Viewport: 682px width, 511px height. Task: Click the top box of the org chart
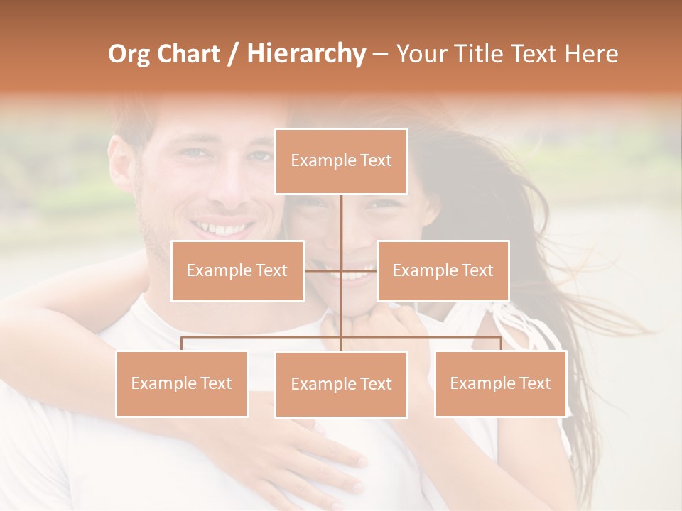(341, 161)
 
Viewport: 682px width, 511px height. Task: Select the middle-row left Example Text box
(237, 270)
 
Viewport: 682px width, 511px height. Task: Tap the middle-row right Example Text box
(443, 270)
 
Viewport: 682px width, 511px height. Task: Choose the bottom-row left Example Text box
(182, 383)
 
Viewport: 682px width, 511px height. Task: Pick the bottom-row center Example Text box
(341, 384)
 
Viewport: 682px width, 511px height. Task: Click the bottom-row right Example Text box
(500, 383)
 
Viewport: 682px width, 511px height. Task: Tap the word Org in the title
(128, 54)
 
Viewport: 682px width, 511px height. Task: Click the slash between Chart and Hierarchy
(233, 54)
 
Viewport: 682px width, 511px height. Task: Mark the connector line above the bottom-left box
(182, 344)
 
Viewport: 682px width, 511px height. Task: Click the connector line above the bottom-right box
(500, 344)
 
